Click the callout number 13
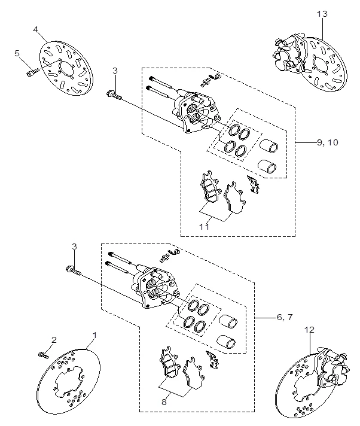click(322, 13)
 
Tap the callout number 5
click(17, 53)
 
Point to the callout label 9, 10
click(327, 142)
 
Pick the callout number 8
click(164, 403)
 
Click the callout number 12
click(309, 330)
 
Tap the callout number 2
click(53, 340)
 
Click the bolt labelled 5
click(31, 73)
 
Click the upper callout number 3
click(115, 71)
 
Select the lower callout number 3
click(74, 247)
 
